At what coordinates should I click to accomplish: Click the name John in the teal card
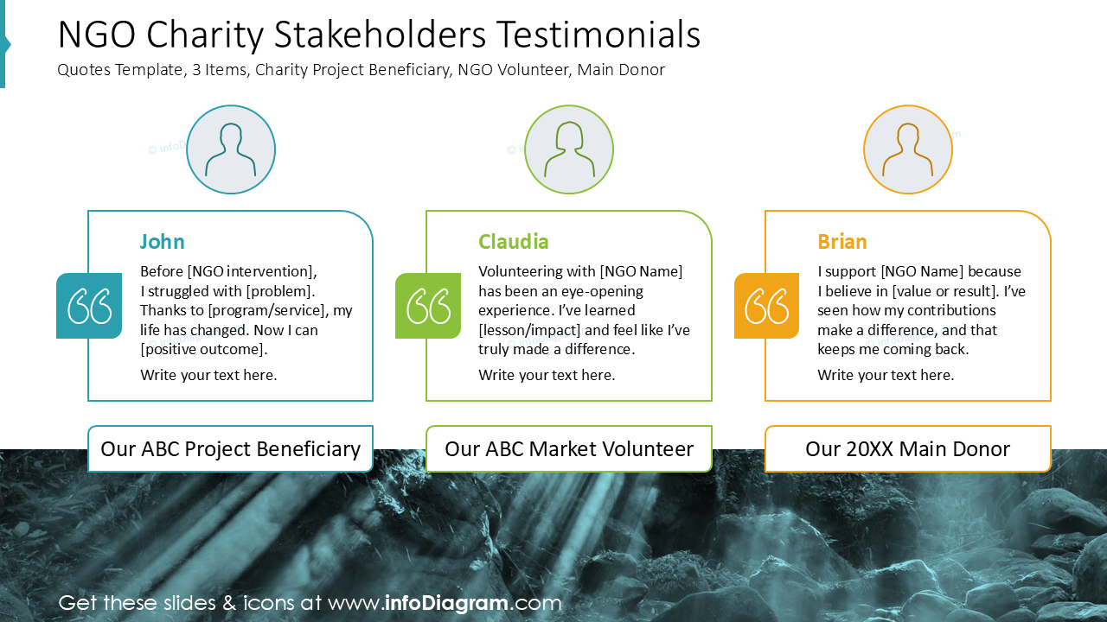163,242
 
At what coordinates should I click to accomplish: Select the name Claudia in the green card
514,242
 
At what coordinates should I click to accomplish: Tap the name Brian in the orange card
842,242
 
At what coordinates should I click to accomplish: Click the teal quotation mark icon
89,306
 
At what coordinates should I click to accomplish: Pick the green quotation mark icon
428,306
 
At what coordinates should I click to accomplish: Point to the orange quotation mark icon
767,306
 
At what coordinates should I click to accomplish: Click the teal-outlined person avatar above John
231,150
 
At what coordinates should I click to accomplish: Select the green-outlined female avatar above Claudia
569,150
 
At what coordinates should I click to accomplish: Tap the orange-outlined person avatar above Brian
908,150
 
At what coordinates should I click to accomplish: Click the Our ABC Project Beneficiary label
231,449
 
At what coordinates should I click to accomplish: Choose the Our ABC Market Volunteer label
569,449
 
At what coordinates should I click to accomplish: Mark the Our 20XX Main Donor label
908,449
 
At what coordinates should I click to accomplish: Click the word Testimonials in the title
598,35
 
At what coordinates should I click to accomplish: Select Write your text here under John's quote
208,375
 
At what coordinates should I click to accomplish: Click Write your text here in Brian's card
886,375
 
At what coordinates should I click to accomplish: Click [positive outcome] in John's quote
204,349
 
